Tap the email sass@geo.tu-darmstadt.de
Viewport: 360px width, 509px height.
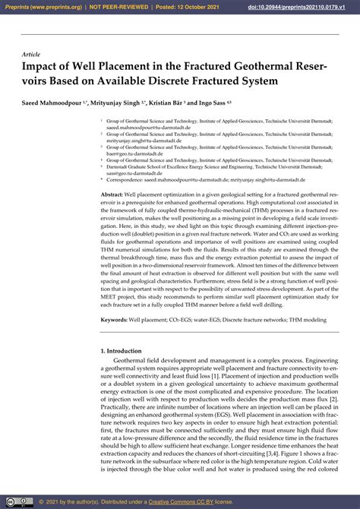137,172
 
